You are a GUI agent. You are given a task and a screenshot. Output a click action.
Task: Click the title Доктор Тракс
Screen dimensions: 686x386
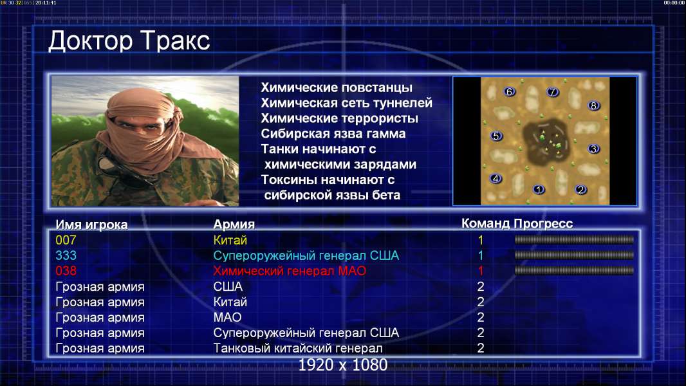coord(129,42)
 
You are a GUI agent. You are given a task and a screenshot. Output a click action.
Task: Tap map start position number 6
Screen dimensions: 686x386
coord(509,92)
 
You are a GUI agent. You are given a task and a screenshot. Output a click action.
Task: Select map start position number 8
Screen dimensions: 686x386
coord(594,106)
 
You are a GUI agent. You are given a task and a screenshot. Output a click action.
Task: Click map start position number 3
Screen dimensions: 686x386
coord(593,149)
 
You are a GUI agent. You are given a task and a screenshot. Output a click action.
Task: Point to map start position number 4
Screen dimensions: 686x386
coord(496,178)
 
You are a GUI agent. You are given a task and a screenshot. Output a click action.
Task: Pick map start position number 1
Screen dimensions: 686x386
coord(539,189)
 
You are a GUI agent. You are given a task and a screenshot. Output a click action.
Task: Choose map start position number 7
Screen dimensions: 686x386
coord(553,92)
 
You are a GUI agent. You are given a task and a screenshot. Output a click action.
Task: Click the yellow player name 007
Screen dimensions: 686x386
coord(66,240)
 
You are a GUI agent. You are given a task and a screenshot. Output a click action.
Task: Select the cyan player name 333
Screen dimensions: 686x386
coord(66,255)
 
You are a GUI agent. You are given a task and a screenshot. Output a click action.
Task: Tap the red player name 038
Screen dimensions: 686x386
coord(66,271)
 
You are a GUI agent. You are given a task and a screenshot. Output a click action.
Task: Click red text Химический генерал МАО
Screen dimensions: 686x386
coord(290,271)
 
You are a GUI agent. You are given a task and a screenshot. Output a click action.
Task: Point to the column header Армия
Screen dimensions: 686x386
coord(234,225)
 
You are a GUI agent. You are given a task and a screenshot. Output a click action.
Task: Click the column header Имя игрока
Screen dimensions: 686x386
coord(91,225)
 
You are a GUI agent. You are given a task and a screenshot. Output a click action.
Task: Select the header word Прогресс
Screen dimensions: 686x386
coord(543,224)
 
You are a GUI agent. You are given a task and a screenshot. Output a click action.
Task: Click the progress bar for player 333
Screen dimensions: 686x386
coord(574,255)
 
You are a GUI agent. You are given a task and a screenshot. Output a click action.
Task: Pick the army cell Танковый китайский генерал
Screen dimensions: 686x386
coord(298,349)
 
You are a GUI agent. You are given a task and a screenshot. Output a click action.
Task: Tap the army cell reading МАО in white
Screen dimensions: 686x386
coord(228,317)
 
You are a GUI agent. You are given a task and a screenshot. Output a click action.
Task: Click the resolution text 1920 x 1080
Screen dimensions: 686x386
coord(343,365)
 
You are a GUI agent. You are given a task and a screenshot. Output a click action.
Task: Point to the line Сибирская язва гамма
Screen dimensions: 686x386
coord(333,134)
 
